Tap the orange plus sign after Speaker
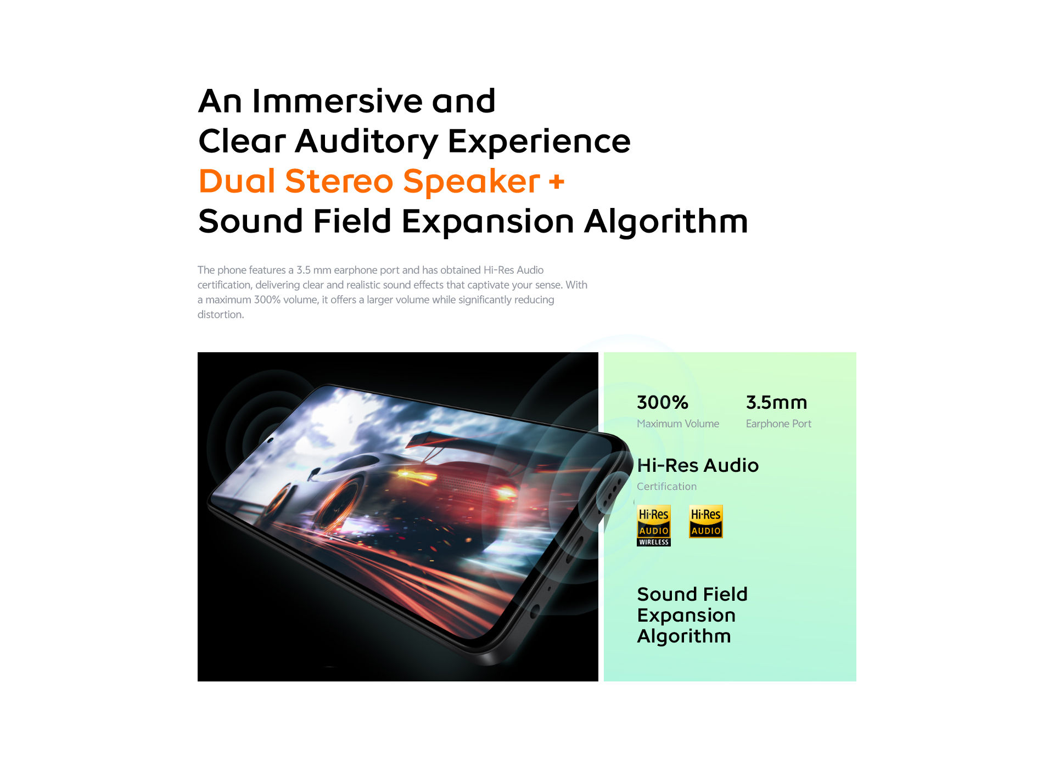pyautogui.click(x=557, y=182)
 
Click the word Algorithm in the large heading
pyautogui.click(x=666, y=222)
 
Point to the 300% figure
pyautogui.click(x=663, y=402)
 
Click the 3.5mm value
pyautogui.click(x=776, y=402)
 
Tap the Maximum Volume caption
pyautogui.click(x=678, y=424)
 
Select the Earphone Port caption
pyautogui.click(x=778, y=424)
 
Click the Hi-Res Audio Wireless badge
pyautogui.click(x=654, y=526)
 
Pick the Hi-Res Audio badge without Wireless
pyautogui.click(x=706, y=521)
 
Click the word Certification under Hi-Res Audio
pyautogui.click(x=666, y=486)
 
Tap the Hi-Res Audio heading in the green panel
pyautogui.click(x=698, y=465)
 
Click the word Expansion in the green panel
pyautogui.click(x=686, y=616)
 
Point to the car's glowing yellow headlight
pyautogui.click(x=407, y=473)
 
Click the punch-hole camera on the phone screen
pyautogui.click(x=270, y=440)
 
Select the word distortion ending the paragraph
pyautogui.click(x=221, y=314)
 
